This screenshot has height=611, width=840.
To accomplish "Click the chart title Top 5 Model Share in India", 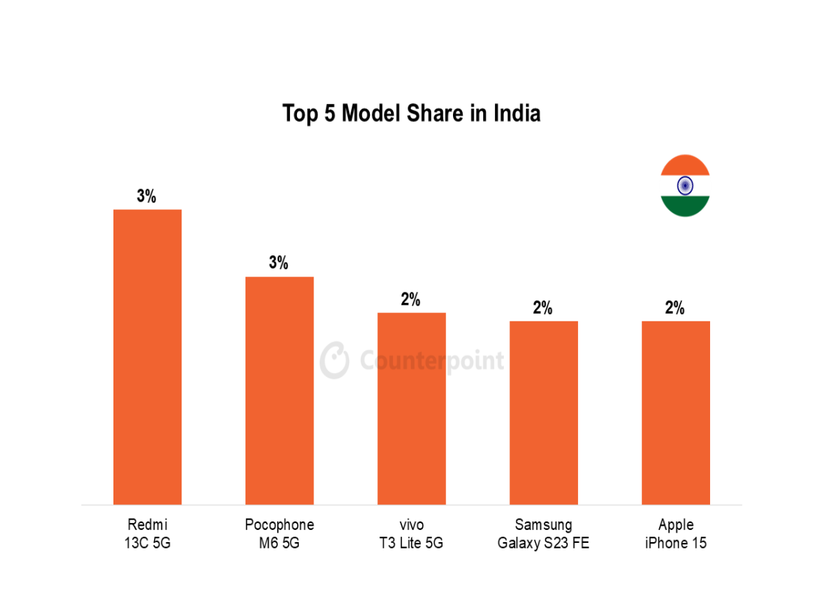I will tap(411, 114).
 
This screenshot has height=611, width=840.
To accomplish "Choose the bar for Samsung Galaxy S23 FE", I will tap(543, 412).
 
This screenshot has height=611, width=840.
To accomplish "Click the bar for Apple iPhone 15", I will tap(675, 412).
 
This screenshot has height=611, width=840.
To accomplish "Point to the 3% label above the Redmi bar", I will tap(146, 196).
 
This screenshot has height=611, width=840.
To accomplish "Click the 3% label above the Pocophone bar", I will tap(278, 263).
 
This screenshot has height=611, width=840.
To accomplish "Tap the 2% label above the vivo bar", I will tap(410, 299).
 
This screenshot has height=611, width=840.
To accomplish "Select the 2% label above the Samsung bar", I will tap(542, 308).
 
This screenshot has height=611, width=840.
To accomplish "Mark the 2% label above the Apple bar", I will tap(674, 308).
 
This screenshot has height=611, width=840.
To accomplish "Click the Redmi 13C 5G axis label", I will tap(147, 534).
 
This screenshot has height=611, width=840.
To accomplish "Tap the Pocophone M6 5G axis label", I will tap(279, 534).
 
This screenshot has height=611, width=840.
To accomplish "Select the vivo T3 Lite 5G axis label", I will tap(411, 534).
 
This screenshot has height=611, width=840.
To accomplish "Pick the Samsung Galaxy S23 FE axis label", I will tap(543, 534).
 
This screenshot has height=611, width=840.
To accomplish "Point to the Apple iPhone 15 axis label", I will tap(675, 534).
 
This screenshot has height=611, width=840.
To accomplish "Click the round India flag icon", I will tap(685, 186).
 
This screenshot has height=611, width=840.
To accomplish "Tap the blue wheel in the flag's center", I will tap(685, 186).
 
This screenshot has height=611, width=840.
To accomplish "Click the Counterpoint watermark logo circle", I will tap(335, 360).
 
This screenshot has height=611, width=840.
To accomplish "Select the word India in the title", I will tap(516, 114).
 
